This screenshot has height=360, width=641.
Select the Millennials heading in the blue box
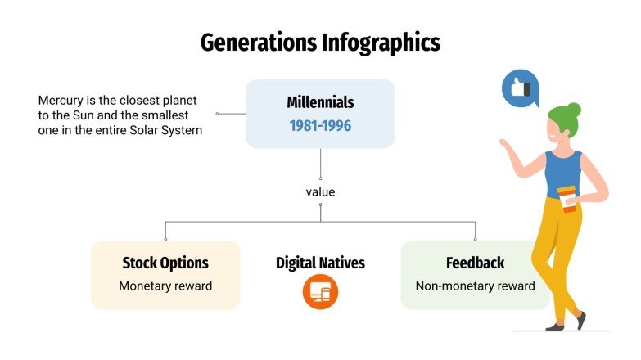[320, 103]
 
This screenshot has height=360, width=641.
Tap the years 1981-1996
[320, 126]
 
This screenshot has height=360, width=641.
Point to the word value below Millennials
[320, 192]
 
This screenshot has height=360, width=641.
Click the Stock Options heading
[165, 263]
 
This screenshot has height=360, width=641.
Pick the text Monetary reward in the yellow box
[165, 286]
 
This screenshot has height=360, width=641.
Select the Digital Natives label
[320, 263]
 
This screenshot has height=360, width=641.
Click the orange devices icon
[320, 292]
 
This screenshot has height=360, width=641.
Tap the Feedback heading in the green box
[475, 263]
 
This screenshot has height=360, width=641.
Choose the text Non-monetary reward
[475, 286]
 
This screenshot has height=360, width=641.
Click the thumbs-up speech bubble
[519, 88]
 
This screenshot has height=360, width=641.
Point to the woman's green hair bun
[574, 109]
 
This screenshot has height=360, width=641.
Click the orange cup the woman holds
[567, 198]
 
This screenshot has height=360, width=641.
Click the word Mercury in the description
[61, 101]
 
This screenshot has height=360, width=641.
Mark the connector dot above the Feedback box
[475, 239]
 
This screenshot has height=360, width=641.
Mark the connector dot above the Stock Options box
[165, 239]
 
